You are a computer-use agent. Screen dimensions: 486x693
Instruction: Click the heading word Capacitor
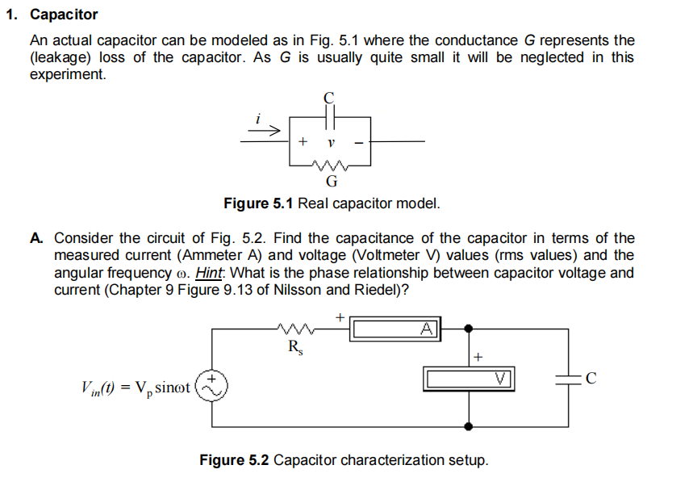click(x=64, y=15)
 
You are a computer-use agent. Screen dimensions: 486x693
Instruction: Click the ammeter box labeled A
click(x=395, y=328)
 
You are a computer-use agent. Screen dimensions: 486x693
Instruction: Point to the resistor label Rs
click(x=296, y=348)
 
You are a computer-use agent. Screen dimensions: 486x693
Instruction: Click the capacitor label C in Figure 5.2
click(x=591, y=377)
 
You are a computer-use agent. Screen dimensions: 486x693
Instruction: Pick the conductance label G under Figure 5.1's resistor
click(x=331, y=180)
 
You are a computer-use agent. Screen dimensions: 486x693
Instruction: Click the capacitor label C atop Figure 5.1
click(x=328, y=97)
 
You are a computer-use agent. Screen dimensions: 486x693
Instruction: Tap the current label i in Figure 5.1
click(x=257, y=118)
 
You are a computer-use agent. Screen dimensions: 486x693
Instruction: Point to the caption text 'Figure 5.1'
click(x=258, y=203)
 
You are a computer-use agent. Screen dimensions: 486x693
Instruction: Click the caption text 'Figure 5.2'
click(x=235, y=460)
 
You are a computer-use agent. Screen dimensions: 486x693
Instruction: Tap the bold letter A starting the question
click(x=35, y=238)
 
